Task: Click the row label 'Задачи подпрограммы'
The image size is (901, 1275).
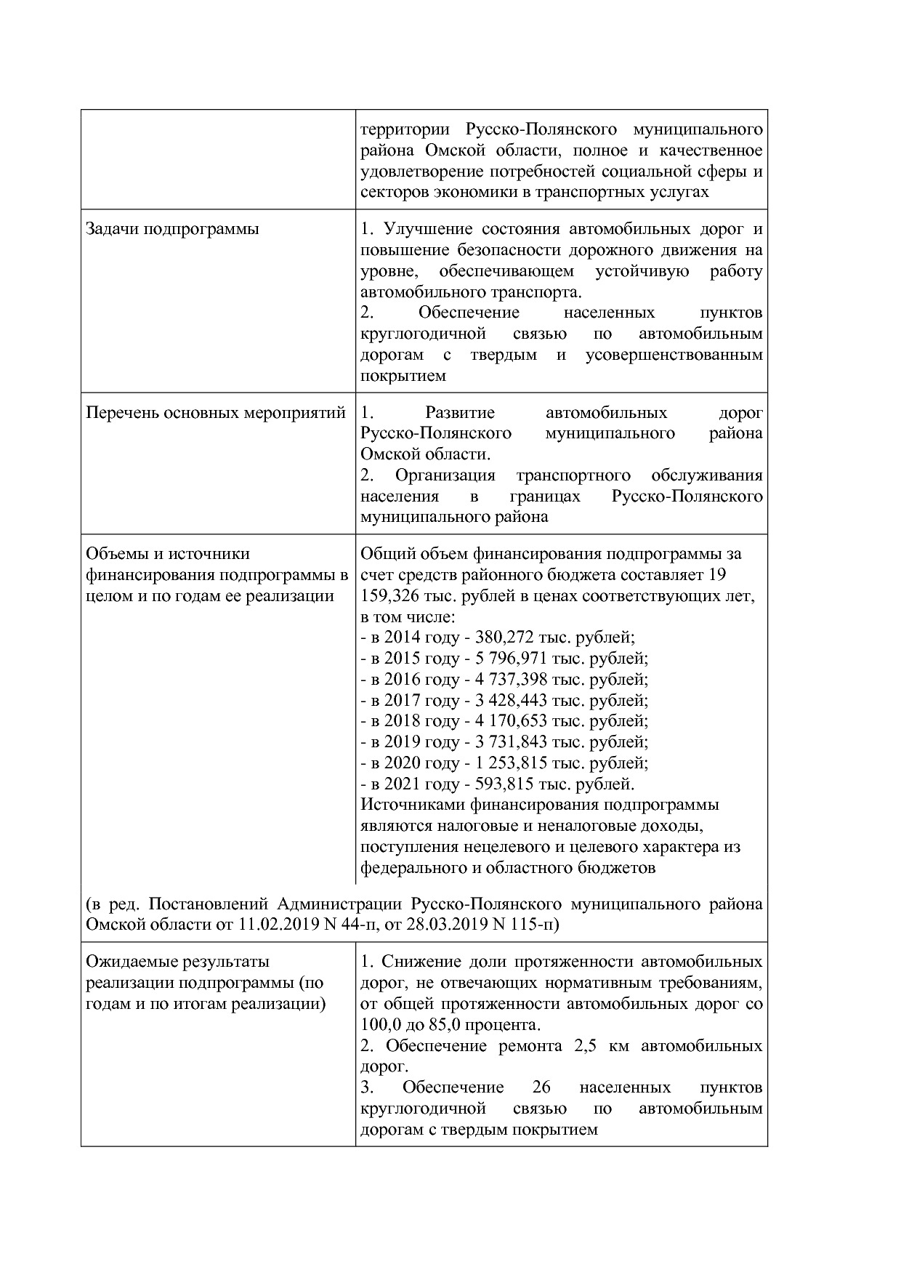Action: coord(172,229)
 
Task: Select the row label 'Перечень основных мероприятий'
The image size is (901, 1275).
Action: coord(216,413)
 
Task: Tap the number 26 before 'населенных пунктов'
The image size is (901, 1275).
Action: coord(541,1087)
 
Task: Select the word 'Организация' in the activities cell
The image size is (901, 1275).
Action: coord(445,475)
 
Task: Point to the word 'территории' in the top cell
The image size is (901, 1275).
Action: coord(405,129)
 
